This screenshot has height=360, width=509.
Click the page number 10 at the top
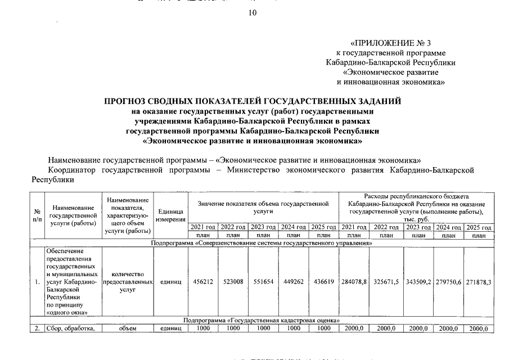click(x=253, y=13)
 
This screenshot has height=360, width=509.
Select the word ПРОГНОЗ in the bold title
click(x=128, y=101)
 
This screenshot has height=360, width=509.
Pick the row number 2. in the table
click(x=37, y=328)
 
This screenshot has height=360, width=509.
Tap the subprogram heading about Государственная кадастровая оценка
click(x=262, y=319)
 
